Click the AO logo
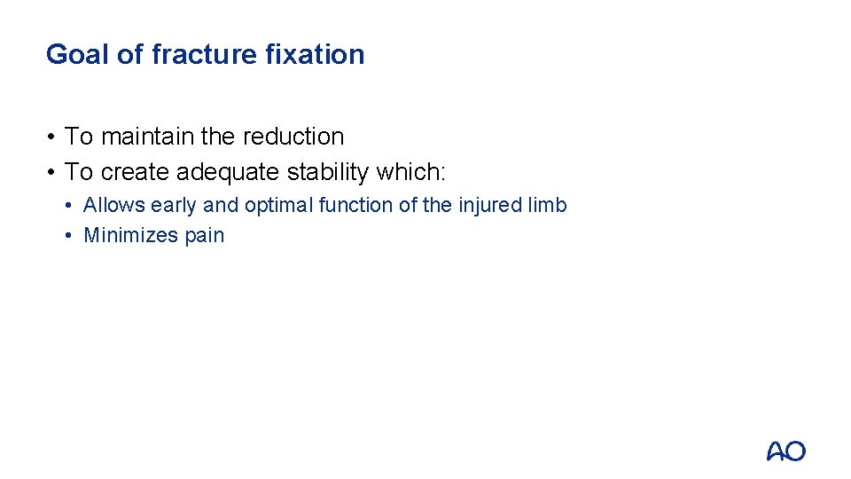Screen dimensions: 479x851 pos(785,451)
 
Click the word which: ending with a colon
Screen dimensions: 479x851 pos(418,171)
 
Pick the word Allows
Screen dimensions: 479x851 pos(114,206)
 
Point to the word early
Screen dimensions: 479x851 pos(174,206)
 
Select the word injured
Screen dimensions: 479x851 pos(490,206)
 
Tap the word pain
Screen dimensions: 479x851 pos(205,236)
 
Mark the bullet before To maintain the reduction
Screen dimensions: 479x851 pos(53,137)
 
